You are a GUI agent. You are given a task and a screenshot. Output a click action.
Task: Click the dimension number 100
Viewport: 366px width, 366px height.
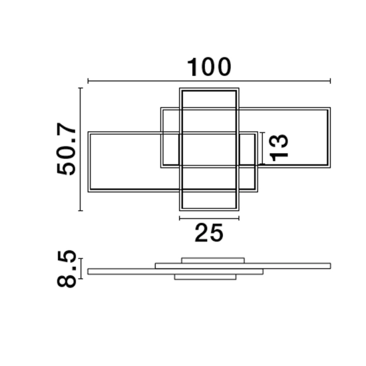point(209,67)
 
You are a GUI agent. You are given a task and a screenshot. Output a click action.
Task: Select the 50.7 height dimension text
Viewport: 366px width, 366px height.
point(66,148)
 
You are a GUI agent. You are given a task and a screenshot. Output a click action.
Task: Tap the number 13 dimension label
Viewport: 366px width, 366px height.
point(279,148)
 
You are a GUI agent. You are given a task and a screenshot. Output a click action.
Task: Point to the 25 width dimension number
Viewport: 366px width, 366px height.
point(209,233)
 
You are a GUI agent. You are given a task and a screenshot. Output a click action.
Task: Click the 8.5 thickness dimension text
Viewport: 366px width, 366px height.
point(67,268)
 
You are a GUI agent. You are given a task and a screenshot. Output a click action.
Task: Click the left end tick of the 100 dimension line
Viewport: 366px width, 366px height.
point(88,81)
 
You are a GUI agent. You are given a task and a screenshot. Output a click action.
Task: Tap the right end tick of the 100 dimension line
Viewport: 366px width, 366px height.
point(330,81)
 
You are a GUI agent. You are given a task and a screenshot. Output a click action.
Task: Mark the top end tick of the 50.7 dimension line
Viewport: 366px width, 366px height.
point(81,88)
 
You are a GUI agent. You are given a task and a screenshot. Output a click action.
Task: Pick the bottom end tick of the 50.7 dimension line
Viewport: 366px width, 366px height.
point(81,210)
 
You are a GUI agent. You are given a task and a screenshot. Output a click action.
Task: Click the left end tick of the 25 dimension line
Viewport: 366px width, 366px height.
point(180,218)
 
